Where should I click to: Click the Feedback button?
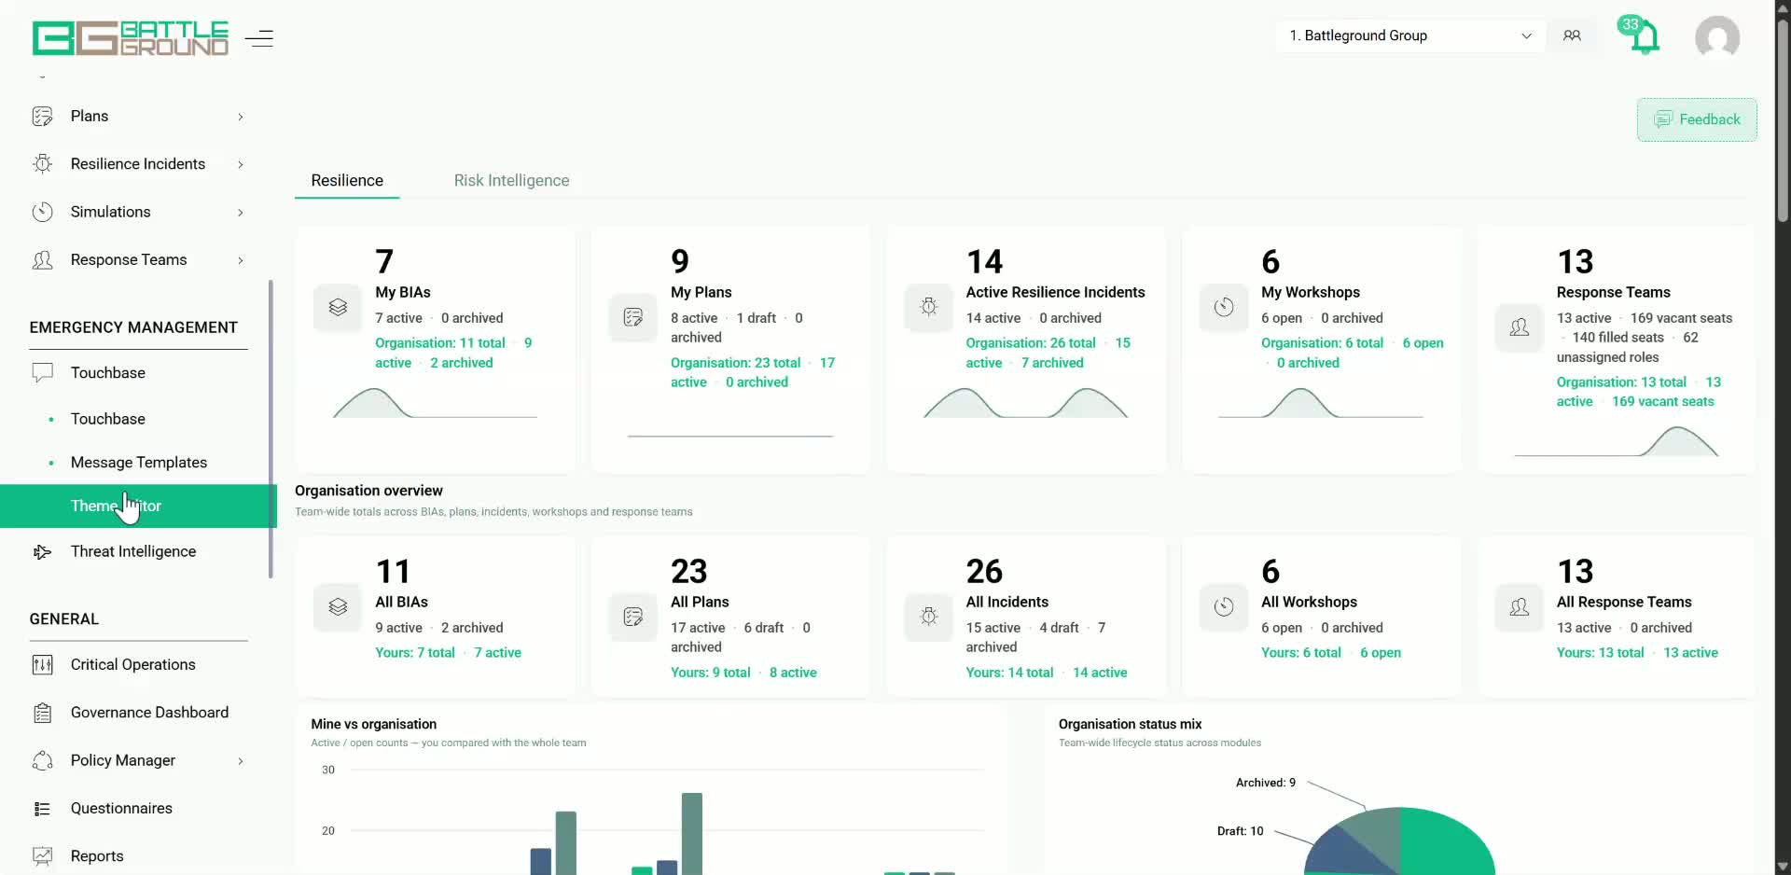pos(1697,119)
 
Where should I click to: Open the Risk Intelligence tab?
pos(511,180)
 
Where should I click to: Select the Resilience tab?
pos(347,180)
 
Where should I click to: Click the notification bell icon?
pos(1645,38)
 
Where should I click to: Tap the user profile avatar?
pos(1717,37)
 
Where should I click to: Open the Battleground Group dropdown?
pos(1409,35)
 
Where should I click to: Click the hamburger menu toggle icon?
pos(258,38)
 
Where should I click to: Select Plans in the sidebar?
pos(90,116)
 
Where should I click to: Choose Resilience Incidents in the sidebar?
pos(138,164)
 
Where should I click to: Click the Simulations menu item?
pos(110,212)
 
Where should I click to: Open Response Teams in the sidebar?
pos(129,259)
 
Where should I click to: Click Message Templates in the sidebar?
pos(139,463)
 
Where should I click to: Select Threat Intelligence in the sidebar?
pos(133,551)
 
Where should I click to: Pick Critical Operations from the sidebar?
pos(133,664)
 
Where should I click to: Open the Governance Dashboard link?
pos(149,713)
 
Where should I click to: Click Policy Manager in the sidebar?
pos(123,760)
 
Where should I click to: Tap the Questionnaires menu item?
pos(121,808)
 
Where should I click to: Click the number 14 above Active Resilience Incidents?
pos(984,261)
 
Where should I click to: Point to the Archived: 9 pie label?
pos(1266,783)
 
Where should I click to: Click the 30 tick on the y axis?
pos(328,770)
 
